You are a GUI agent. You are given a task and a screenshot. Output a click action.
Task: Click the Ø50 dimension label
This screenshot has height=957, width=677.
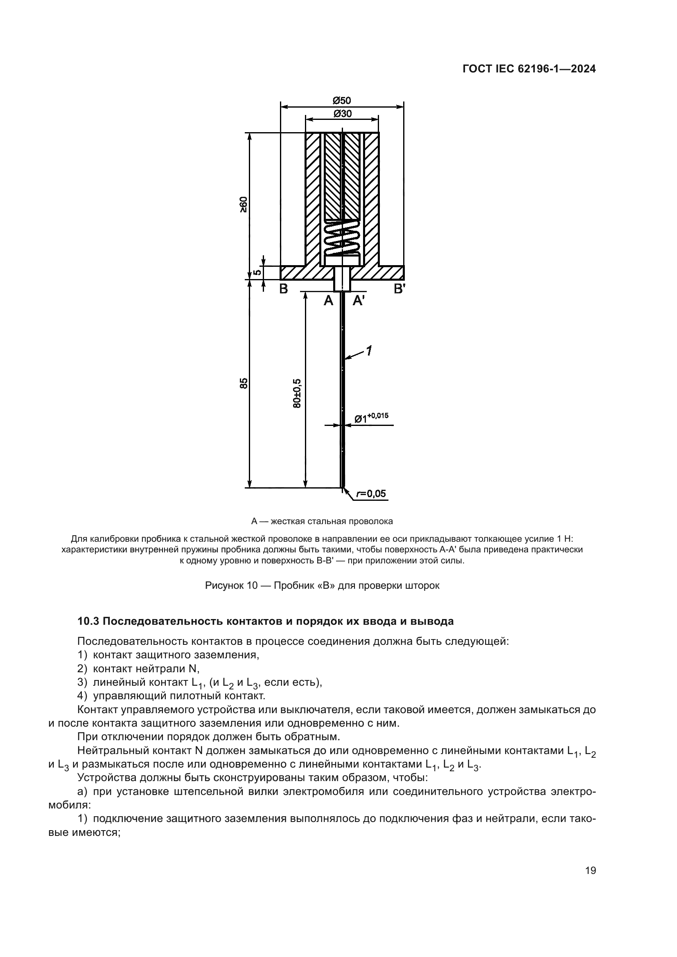(x=342, y=101)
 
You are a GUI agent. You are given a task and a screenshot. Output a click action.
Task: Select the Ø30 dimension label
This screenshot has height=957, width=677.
(x=342, y=113)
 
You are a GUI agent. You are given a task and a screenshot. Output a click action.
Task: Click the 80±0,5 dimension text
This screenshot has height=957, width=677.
(x=297, y=394)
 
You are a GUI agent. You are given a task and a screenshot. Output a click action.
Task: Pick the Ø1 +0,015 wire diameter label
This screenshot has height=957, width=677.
(x=371, y=418)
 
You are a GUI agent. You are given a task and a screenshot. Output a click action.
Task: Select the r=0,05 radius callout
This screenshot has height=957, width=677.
(x=371, y=494)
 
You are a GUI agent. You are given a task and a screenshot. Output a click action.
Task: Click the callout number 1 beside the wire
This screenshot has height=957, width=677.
(x=369, y=351)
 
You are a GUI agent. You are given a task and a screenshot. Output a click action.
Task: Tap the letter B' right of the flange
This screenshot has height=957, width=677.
(x=400, y=288)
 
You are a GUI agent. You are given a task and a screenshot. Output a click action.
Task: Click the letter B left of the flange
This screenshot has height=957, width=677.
(x=284, y=288)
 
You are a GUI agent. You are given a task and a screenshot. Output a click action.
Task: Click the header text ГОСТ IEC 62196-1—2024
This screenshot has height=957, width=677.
(x=529, y=69)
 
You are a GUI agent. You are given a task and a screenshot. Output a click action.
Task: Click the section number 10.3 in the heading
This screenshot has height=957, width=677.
(x=88, y=621)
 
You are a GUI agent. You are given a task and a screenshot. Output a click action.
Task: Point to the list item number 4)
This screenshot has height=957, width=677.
(x=83, y=696)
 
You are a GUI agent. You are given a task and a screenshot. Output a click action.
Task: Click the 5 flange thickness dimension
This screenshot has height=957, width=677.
(x=257, y=272)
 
